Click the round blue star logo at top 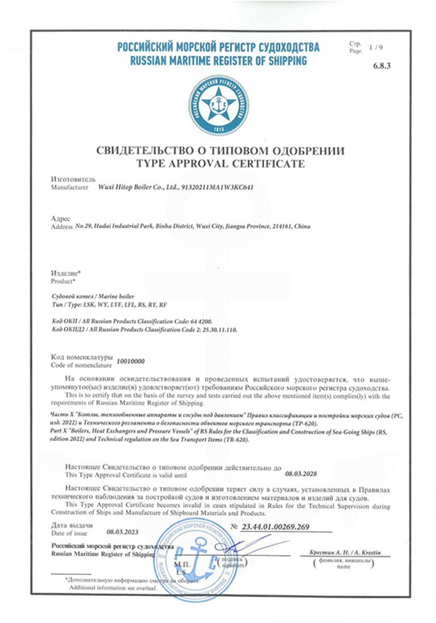click(217, 105)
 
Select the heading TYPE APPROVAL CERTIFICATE click(218, 164)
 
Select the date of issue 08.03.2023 click(121, 532)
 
